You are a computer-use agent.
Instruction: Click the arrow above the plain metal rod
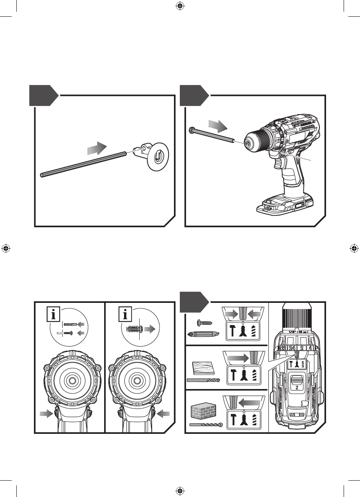(x=96, y=149)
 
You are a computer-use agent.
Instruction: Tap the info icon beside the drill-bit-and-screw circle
(x=53, y=314)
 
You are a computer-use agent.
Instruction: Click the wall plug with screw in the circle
(x=135, y=329)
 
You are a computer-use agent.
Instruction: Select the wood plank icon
(x=203, y=368)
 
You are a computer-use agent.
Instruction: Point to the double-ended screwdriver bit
(x=203, y=334)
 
